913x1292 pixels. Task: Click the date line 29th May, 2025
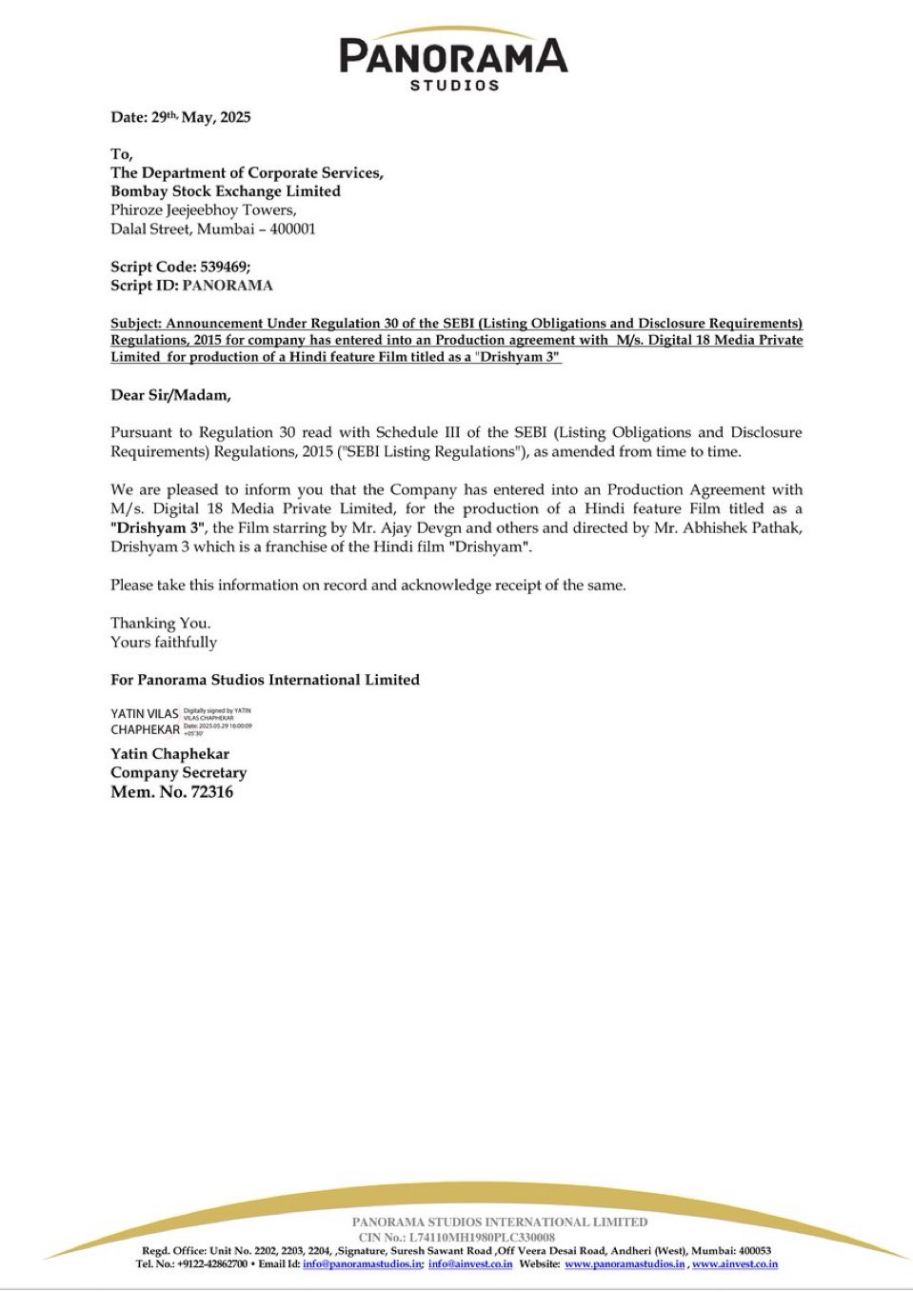click(x=181, y=117)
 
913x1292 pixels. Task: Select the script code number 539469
click(x=224, y=267)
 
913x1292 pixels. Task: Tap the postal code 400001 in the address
click(x=293, y=229)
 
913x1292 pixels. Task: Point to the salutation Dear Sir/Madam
click(x=170, y=395)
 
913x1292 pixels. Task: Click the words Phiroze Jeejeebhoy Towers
click(x=203, y=209)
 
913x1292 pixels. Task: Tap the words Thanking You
click(x=160, y=623)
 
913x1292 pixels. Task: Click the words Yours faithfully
click(x=164, y=642)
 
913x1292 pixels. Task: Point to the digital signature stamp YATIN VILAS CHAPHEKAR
click(x=181, y=722)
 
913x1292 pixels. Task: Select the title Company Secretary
click(x=178, y=772)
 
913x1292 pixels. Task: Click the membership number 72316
click(x=211, y=792)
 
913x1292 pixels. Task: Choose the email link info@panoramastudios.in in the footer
click(x=363, y=1264)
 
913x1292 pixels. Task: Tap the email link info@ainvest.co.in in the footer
click(x=470, y=1264)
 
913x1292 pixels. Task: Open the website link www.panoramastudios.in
click(x=625, y=1264)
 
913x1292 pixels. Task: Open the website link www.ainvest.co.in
click(x=735, y=1264)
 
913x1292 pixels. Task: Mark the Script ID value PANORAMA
click(x=228, y=286)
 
